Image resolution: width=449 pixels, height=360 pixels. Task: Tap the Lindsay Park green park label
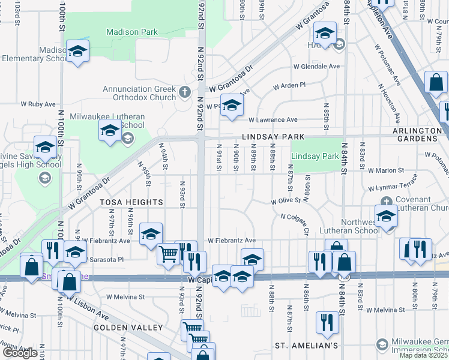[x=315, y=156]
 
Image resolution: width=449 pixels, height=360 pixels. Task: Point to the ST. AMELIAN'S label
[x=307, y=346]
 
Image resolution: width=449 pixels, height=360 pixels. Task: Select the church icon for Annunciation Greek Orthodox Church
[x=185, y=93]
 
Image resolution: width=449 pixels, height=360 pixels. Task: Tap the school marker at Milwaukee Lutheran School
[x=110, y=131]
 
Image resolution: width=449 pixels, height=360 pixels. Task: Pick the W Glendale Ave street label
[x=316, y=66]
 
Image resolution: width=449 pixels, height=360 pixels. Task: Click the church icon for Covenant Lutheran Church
[x=387, y=201]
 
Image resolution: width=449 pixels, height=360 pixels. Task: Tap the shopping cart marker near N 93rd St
[x=168, y=254]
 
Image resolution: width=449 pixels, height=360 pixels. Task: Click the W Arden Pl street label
[x=289, y=86]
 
